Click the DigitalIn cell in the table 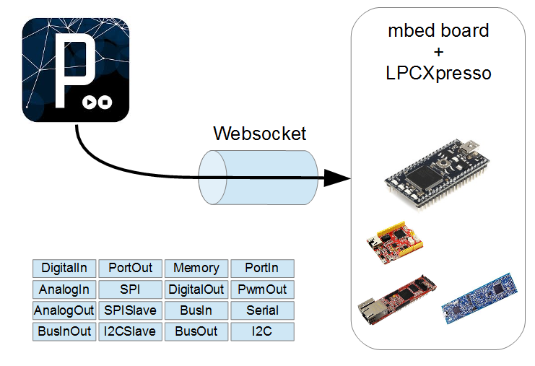point(64,268)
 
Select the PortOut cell point(131,268)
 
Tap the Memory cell point(196,268)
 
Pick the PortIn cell point(262,268)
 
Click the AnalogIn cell point(64,289)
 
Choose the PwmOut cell point(262,289)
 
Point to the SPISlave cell point(131,310)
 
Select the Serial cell point(262,310)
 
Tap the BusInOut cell point(64,332)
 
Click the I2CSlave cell point(131,332)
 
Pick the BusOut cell point(196,332)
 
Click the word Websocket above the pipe point(259,134)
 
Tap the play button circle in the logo point(89,103)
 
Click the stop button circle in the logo point(105,103)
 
